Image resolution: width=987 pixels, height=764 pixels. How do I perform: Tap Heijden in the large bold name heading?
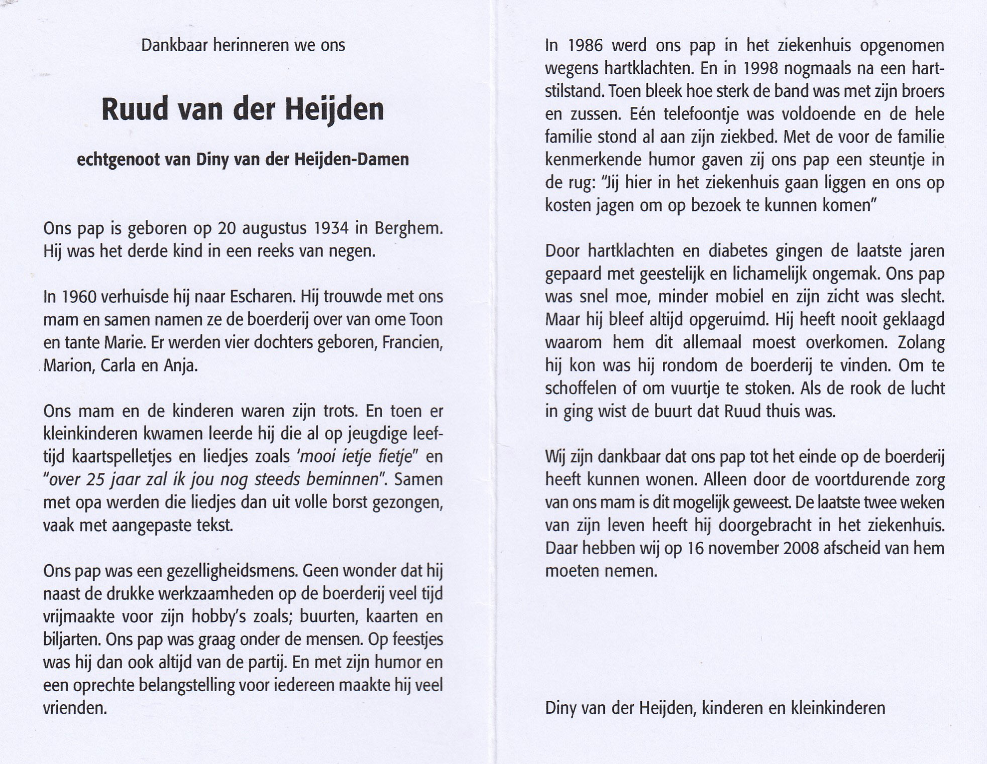335,110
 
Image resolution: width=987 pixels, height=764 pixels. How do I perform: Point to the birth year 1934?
331,228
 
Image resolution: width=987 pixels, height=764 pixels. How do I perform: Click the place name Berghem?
409,228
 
